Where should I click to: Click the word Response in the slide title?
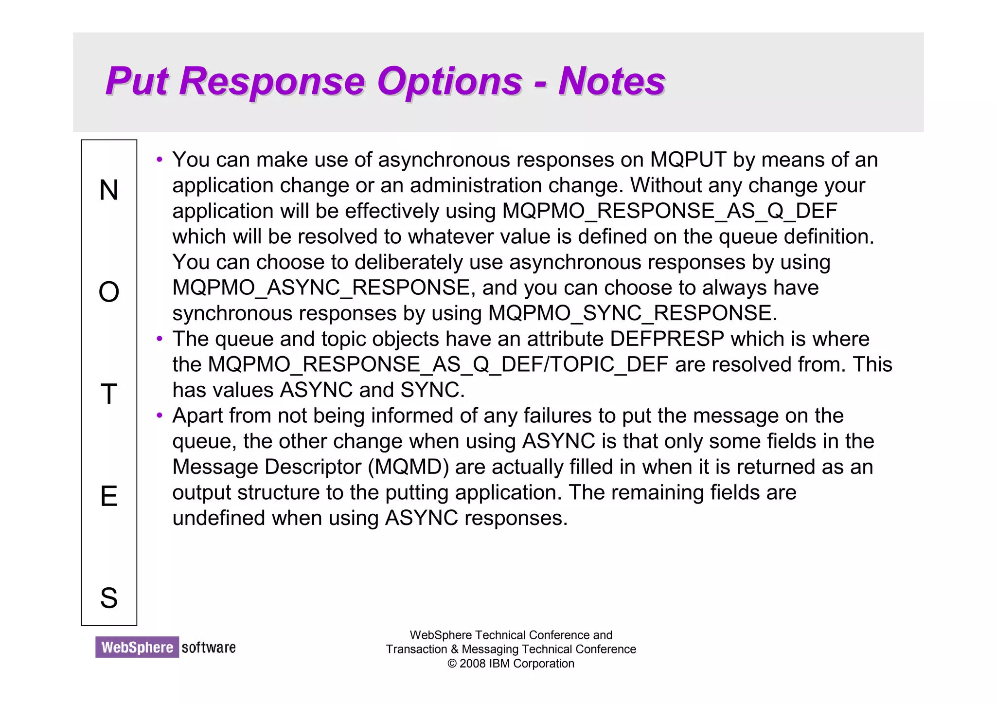coord(272,81)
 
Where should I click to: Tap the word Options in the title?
coord(449,81)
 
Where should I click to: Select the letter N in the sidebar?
coord(109,190)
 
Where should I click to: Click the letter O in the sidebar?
coord(109,292)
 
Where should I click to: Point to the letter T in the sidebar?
coord(109,394)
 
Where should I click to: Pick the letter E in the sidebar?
coord(109,496)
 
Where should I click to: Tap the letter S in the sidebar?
coord(109,598)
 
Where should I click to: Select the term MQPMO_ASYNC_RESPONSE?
coord(321,288)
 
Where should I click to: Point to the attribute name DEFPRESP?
coord(667,339)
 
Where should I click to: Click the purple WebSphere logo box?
coord(137,647)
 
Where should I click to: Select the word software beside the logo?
coord(209,648)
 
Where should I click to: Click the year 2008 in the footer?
coord(473,664)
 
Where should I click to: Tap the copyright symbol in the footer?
coord(452,664)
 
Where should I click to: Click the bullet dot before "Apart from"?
coord(160,415)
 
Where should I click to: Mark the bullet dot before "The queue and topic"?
coord(160,339)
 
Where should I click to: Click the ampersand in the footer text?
coord(454,650)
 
